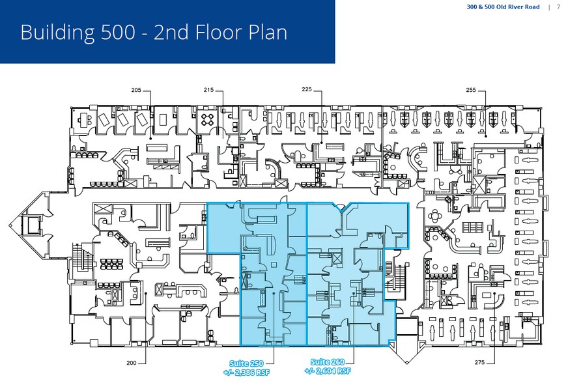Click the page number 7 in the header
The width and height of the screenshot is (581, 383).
(x=558, y=7)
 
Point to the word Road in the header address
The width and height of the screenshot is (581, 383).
(x=530, y=7)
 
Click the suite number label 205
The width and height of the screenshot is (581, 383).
(x=136, y=90)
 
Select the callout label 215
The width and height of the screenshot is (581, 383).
(x=208, y=90)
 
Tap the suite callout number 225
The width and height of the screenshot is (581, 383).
(x=308, y=90)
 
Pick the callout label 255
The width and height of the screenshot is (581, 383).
(x=472, y=90)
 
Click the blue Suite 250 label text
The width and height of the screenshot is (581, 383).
(x=248, y=363)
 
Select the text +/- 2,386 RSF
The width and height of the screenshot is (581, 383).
(x=248, y=372)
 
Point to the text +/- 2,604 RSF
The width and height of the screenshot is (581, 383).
(x=329, y=372)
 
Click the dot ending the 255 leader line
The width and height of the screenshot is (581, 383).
(x=486, y=137)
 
